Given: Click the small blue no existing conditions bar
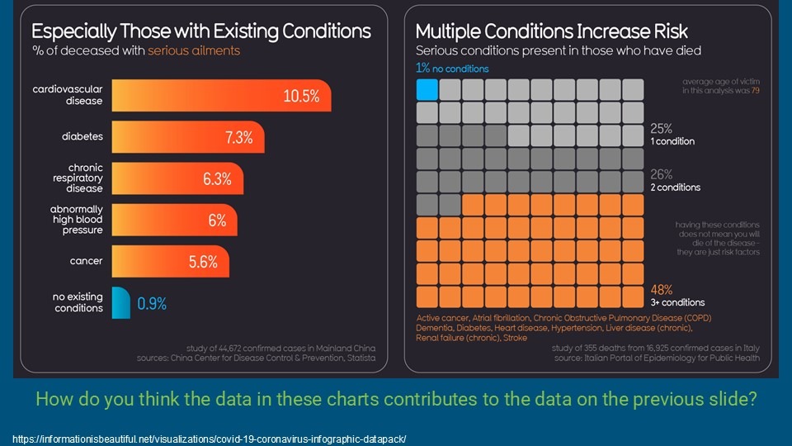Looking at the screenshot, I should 120,302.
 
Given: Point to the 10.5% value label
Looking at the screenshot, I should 301,96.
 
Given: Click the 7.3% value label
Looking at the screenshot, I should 239,138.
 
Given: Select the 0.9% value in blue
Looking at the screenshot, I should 152,304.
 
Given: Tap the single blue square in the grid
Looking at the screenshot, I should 427,89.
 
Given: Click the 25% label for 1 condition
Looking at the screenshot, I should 662,129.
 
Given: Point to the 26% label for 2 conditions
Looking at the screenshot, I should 662,175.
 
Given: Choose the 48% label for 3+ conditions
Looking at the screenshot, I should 662,290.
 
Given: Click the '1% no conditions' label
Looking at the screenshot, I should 452,69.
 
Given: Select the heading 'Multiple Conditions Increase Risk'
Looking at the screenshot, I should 551,32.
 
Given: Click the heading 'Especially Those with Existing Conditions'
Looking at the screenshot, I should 201,32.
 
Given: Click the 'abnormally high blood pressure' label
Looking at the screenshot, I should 77,220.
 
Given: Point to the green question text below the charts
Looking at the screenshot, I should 395,401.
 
